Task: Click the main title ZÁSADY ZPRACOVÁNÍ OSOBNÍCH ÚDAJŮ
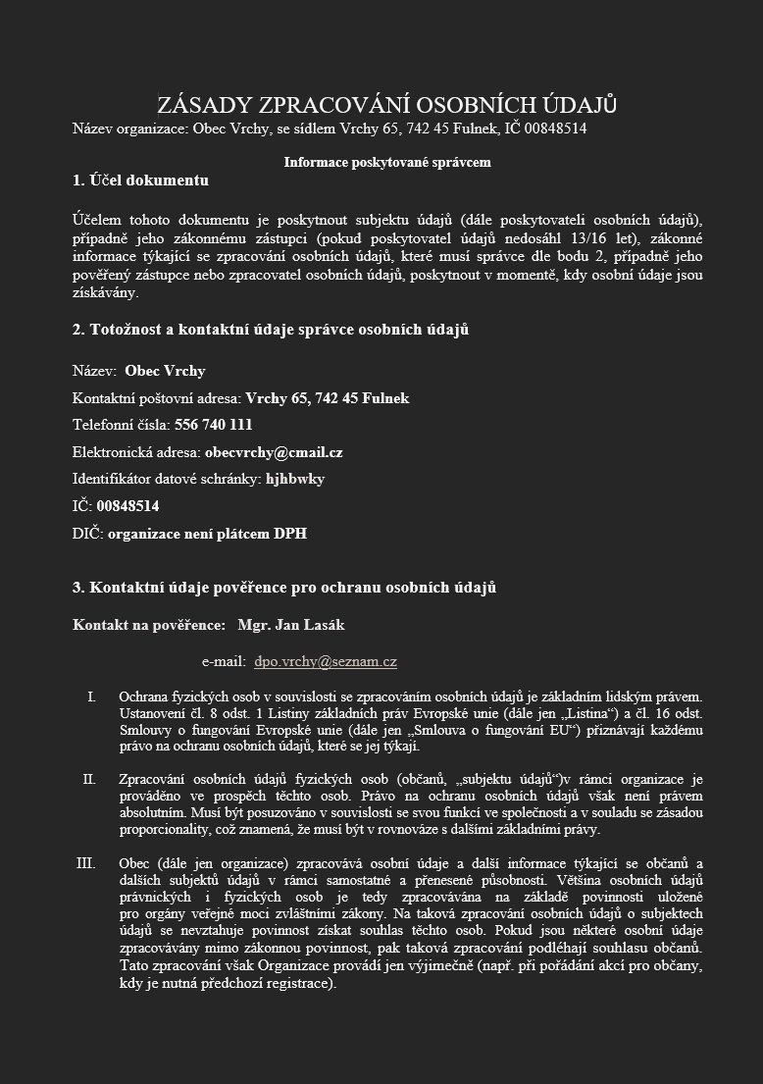(386, 106)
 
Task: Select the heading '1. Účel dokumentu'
(140, 181)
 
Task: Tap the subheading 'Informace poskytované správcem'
(386, 162)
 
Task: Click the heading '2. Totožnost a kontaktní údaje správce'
(270, 330)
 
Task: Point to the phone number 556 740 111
(213, 425)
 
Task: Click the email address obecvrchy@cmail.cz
(274, 452)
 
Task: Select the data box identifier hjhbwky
(295, 480)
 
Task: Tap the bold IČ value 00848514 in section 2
(127, 506)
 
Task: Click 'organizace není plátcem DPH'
(207, 534)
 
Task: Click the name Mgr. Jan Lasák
(290, 625)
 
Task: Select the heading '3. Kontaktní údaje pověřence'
(283, 588)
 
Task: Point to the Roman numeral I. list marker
(91, 697)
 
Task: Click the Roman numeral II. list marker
(89, 780)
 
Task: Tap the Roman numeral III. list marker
(86, 863)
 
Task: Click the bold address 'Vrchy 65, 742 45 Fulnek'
(327, 398)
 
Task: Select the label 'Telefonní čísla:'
(122, 425)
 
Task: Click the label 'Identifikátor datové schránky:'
(167, 480)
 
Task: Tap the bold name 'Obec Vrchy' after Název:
(165, 371)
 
